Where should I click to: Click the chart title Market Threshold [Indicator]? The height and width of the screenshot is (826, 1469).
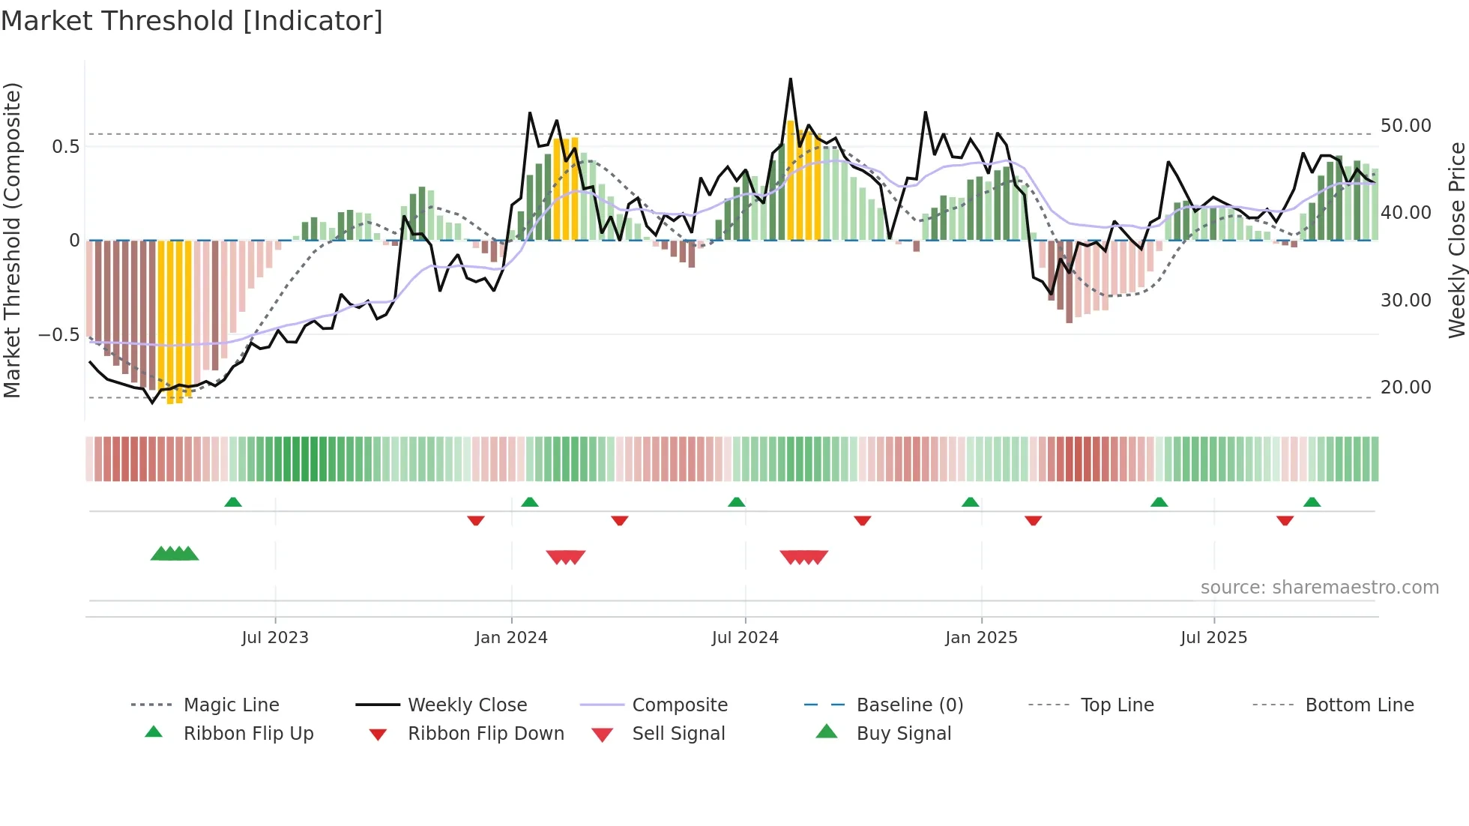click(192, 21)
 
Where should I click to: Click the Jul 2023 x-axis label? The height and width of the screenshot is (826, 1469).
click(275, 638)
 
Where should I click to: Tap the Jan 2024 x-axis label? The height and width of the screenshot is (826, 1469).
click(511, 638)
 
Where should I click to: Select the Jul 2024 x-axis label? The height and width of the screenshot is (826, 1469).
click(745, 638)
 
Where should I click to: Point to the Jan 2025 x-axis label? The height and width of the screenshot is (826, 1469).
click(981, 638)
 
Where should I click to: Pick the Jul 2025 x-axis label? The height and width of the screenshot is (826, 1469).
click(1213, 638)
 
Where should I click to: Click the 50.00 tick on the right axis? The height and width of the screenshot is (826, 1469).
click(1405, 126)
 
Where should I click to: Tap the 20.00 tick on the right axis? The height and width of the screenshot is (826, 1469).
click(1405, 388)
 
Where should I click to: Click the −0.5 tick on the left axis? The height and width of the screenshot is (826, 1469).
click(58, 334)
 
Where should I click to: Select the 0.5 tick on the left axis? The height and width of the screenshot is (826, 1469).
click(65, 146)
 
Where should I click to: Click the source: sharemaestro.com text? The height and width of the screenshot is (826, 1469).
click(1319, 588)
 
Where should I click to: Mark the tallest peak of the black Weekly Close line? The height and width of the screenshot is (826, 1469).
click(790, 79)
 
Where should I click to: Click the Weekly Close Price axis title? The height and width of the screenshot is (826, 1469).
click(1456, 240)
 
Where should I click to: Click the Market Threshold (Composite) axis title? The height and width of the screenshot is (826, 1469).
click(12, 240)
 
